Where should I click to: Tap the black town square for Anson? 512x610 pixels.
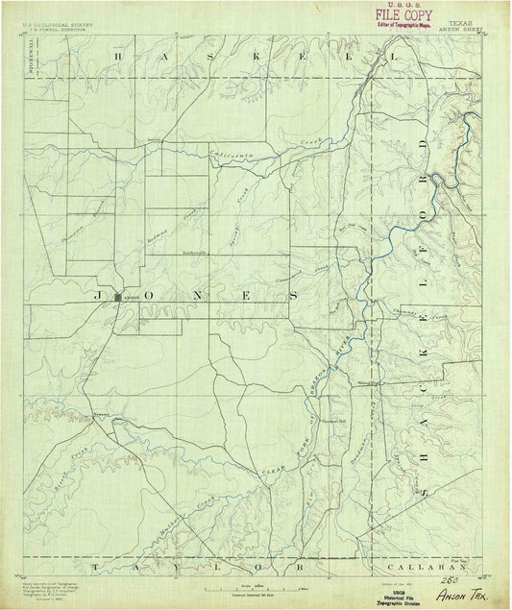point(117,297)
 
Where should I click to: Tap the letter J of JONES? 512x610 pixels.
point(99,297)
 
